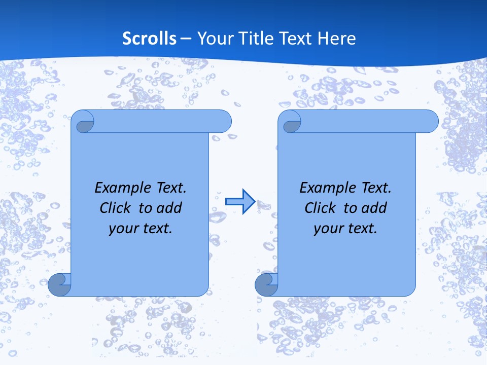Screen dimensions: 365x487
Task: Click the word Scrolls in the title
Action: coord(150,39)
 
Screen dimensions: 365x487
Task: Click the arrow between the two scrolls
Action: coord(240,201)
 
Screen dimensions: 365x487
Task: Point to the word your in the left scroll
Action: coord(122,229)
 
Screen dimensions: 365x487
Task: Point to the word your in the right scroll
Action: coord(327,229)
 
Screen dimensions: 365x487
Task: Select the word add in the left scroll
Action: coord(169,208)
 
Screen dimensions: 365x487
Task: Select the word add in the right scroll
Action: coord(374,208)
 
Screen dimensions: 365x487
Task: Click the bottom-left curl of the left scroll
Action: coord(59,284)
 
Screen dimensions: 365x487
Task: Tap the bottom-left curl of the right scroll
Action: coord(266,284)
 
